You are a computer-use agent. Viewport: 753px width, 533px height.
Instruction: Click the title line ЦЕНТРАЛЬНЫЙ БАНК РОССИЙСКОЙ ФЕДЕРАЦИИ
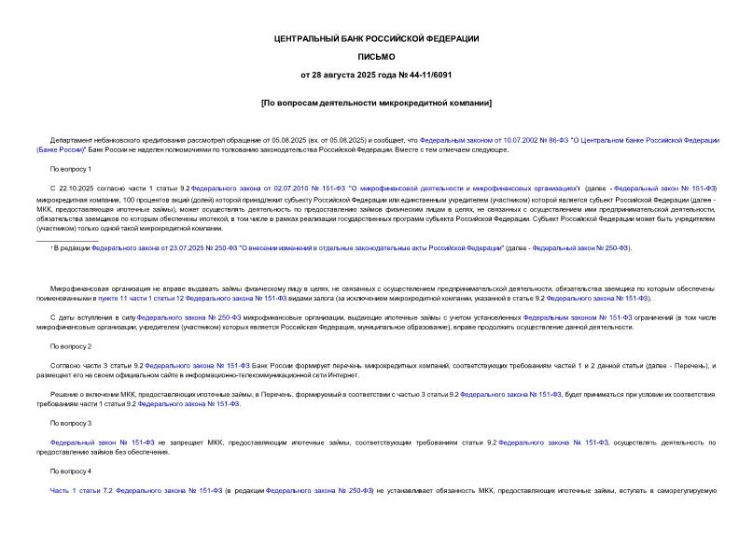click(x=375, y=38)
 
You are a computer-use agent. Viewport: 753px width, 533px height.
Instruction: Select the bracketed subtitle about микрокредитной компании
click(x=375, y=102)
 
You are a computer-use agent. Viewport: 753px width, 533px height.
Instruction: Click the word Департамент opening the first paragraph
click(x=72, y=139)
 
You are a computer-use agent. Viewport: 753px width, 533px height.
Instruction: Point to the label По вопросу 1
click(x=71, y=169)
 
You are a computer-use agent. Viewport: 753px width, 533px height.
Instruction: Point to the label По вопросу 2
click(x=71, y=346)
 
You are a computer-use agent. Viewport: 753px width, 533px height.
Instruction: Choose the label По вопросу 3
click(x=71, y=423)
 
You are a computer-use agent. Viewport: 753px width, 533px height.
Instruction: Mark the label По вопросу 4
click(x=71, y=470)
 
